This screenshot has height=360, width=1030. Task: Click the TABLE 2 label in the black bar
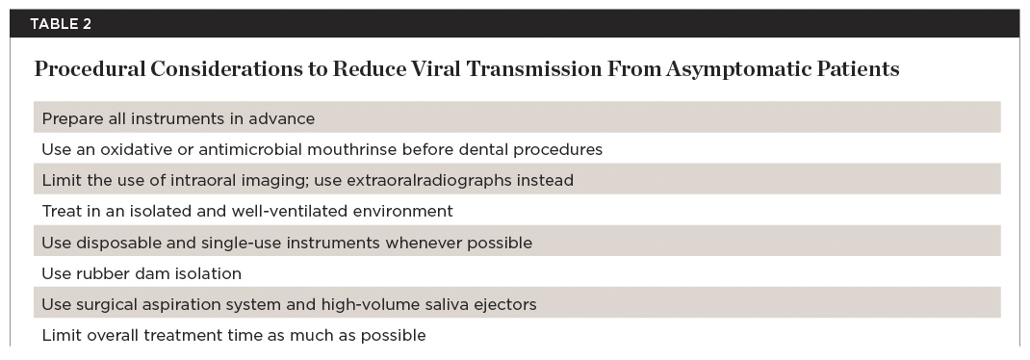pyautogui.click(x=61, y=24)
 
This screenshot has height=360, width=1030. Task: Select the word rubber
pyautogui.click(x=100, y=274)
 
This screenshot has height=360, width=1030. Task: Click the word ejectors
pyautogui.click(x=506, y=305)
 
